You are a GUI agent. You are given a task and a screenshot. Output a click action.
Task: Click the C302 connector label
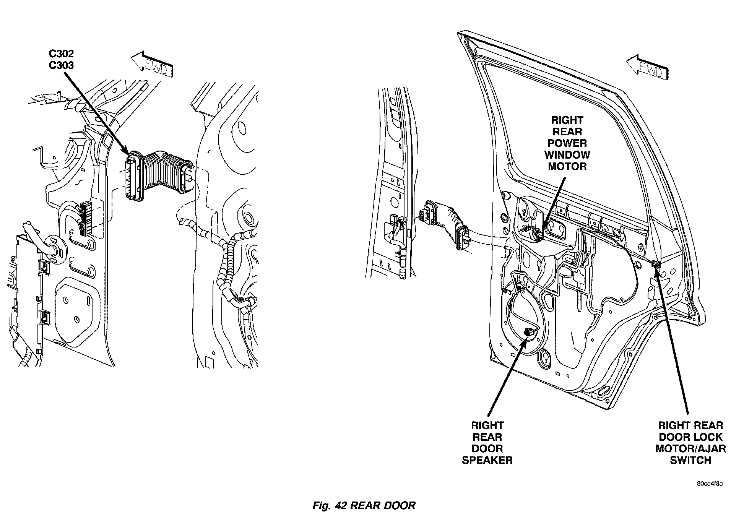click(x=61, y=54)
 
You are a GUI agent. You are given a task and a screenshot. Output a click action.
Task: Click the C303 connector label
click(x=61, y=65)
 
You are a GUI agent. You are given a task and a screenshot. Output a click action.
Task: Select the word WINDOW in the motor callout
click(x=567, y=155)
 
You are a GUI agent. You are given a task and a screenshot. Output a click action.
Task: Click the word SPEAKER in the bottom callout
click(x=487, y=460)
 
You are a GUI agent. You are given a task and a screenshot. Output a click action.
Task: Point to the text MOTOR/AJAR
click(x=690, y=448)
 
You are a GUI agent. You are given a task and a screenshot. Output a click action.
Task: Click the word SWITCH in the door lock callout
click(x=690, y=460)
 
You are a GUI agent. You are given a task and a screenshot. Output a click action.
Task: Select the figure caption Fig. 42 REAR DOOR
click(x=364, y=505)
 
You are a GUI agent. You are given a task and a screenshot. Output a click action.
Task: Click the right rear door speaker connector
click(x=529, y=332)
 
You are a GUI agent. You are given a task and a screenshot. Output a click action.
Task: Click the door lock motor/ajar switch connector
click(x=655, y=263)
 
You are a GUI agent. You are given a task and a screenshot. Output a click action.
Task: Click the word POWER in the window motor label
click(x=567, y=143)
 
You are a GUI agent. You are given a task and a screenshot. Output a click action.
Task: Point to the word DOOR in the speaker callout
click(x=487, y=448)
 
